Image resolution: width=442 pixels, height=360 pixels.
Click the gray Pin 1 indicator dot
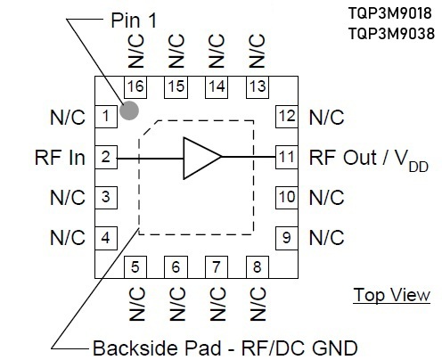tap(129, 110)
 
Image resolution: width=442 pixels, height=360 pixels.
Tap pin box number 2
tap(106, 157)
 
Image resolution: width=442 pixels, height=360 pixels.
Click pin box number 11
tap(287, 157)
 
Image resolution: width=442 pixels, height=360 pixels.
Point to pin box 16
tap(135, 87)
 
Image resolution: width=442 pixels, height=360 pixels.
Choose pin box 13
tap(258, 87)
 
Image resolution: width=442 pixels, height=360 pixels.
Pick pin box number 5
tap(135, 267)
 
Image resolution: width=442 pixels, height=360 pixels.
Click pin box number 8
tap(258, 267)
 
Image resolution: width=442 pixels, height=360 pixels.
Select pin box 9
tap(287, 238)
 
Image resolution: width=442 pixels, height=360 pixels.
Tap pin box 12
tap(287, 117)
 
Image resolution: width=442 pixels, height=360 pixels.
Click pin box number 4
tap(106, 238)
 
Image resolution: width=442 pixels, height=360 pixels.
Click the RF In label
tap(60, 158)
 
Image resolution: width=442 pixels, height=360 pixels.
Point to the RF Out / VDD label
tap(369, 160)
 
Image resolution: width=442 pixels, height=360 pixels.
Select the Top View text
tap(392, 295)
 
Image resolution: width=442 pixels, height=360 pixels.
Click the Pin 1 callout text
tap(134, 20)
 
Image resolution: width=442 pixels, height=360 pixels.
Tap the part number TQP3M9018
tap(389, 13)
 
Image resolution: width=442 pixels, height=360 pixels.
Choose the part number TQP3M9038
tap(391, 33)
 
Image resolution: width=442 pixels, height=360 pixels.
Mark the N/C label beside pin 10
tap(327, 198)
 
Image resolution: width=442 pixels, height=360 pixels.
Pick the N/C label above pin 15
tap(176, 51)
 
